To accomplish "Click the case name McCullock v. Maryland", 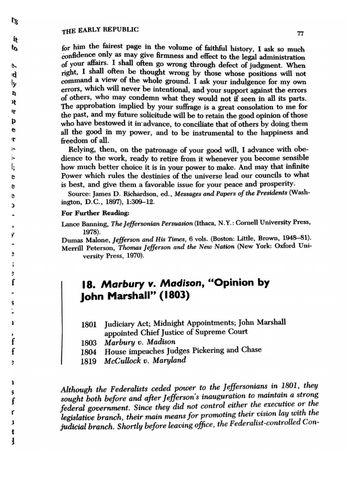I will click(x=139, y=360).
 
